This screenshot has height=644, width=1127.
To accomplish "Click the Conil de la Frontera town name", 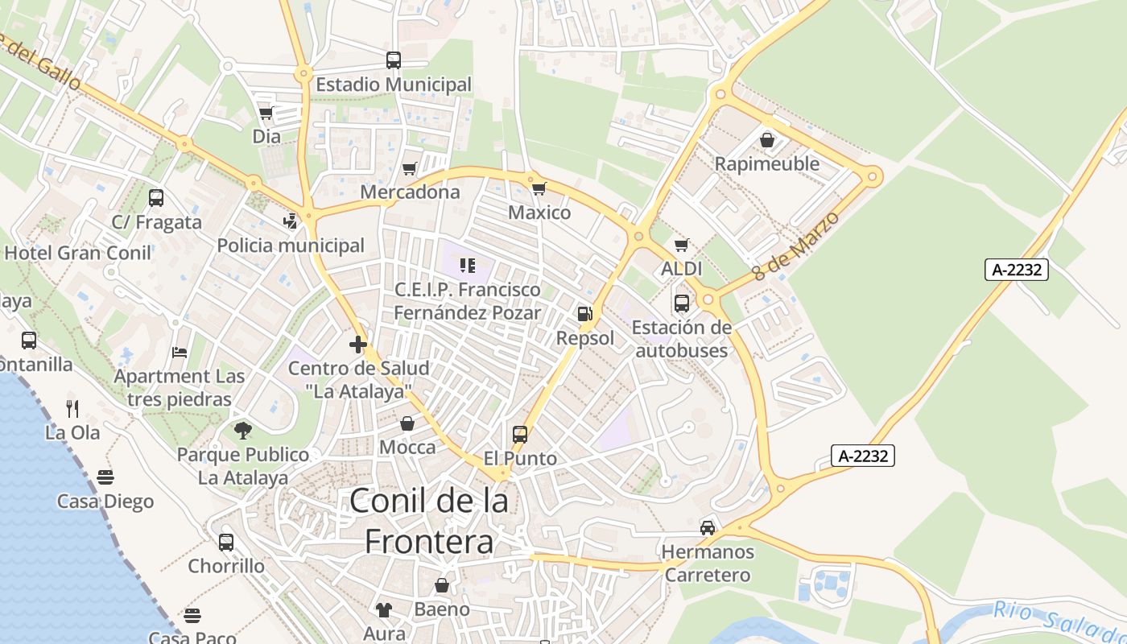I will tap(428, 521).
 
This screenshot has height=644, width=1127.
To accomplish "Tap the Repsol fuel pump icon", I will tap(585, 314).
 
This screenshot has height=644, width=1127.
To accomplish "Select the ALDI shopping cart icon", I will tap(682, 245).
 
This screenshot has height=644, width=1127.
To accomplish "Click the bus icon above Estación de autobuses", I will tap(682, 303).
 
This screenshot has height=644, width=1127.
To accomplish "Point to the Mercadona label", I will tap(410, 192).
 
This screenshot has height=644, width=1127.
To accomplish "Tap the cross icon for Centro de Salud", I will tap(358, 345).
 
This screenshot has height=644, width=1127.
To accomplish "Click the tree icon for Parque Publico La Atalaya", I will tap(243, 431).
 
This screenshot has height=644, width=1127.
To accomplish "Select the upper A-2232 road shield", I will tap(1018, 270).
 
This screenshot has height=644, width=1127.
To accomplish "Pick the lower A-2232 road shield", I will tap(863, 456).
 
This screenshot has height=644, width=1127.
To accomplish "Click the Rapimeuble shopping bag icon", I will tap(767, 140).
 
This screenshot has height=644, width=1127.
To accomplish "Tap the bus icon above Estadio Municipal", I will tap(394, 60).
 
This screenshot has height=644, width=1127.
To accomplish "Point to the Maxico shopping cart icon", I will tap(539, 189).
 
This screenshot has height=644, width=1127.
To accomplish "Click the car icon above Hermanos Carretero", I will tap(708, 528).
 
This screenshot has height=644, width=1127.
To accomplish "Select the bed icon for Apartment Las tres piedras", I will tap(180, 353).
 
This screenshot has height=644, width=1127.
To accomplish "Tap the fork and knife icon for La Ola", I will tap(72, 408).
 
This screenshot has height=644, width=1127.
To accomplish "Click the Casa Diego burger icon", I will tap(105, 477).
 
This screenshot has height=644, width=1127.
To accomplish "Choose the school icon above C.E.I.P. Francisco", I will tap(467, 265).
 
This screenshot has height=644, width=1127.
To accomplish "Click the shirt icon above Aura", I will tap(384, 609).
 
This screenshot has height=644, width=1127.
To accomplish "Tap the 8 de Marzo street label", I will tap(795, 245).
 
